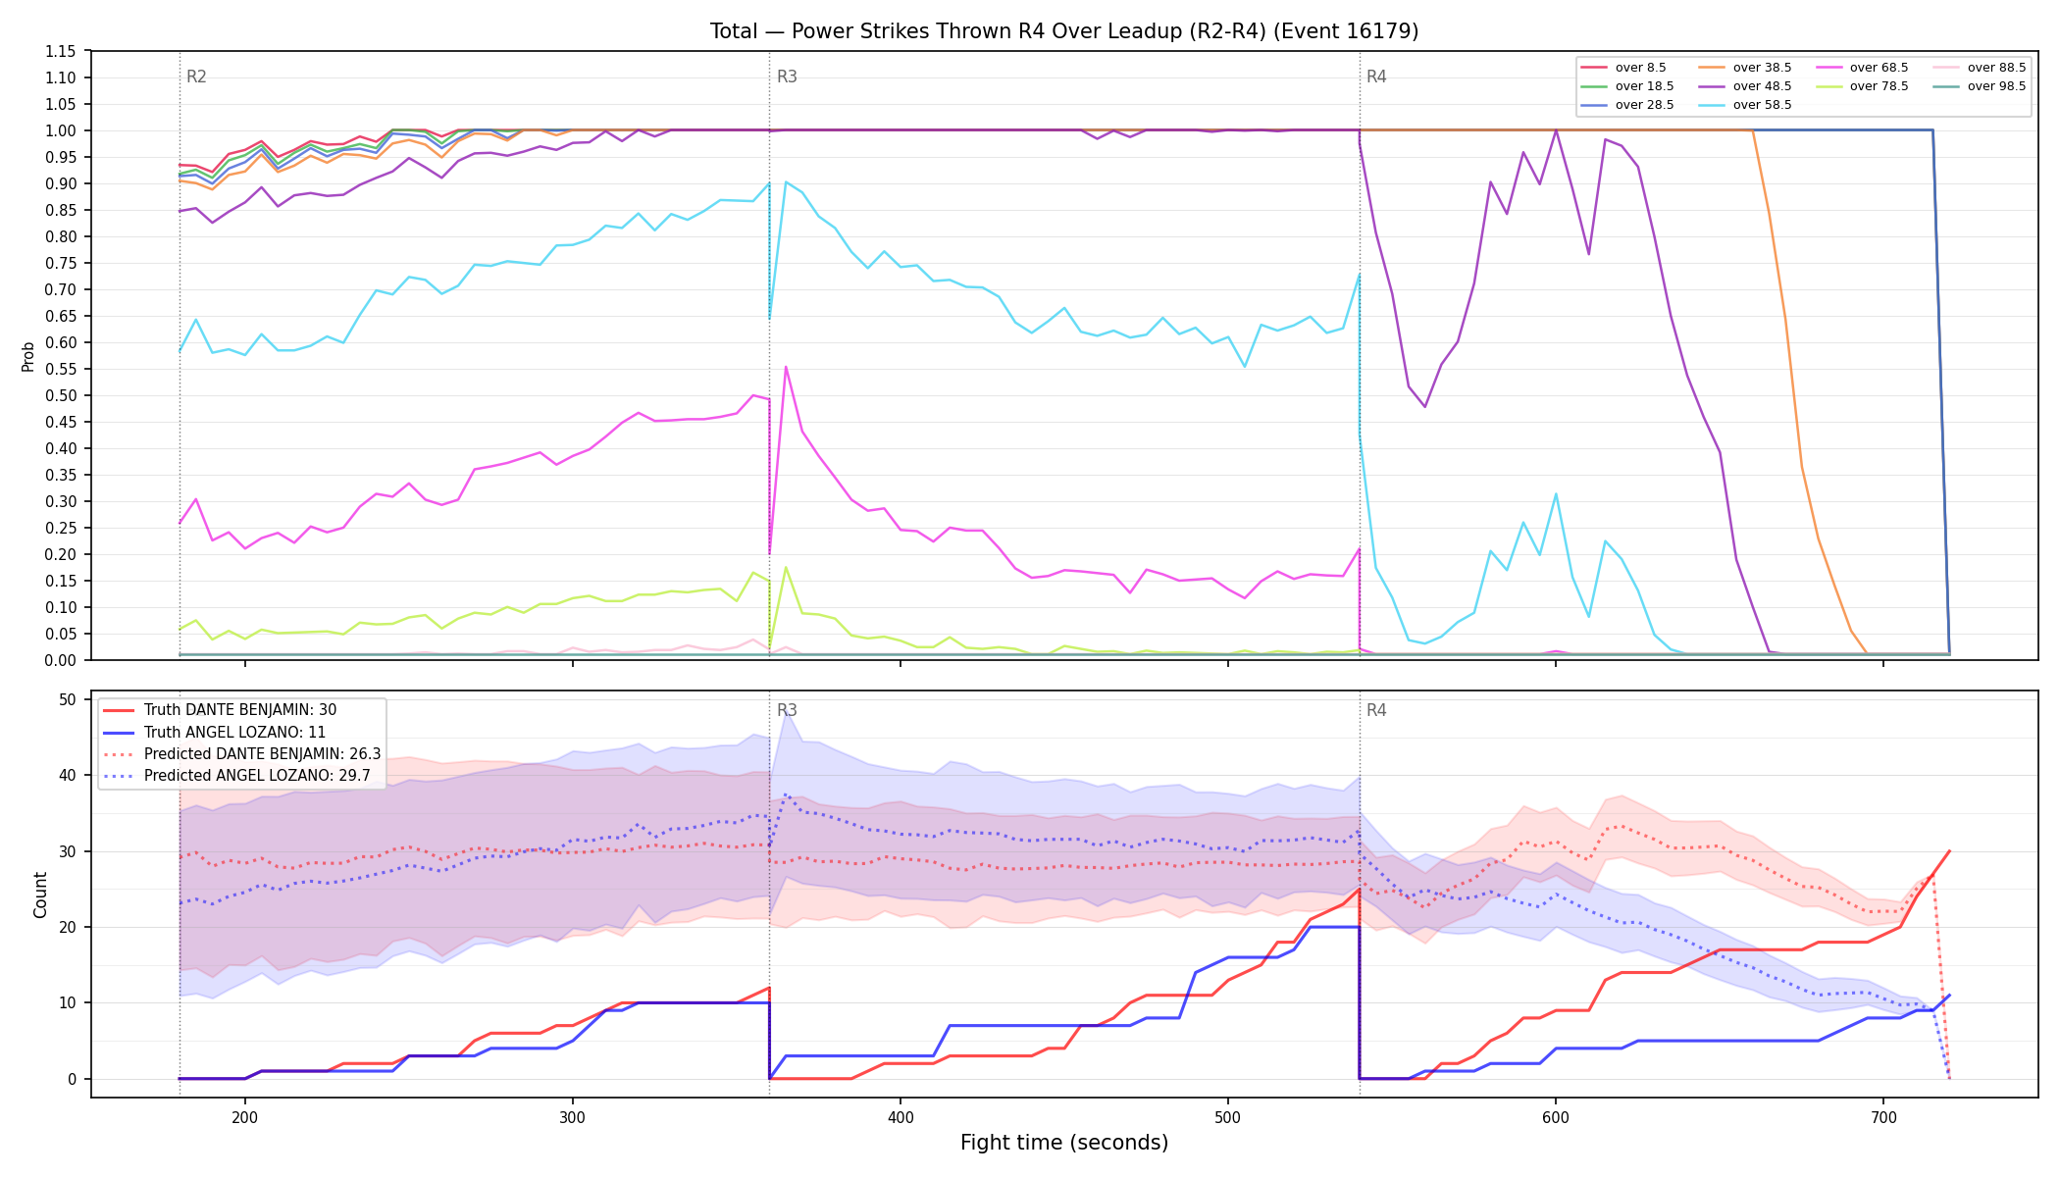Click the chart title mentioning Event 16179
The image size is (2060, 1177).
[x=1064, y=31]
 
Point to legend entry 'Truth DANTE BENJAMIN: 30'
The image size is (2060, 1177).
[x=239, y=710]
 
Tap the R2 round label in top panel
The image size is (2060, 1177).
[x=196, y=77]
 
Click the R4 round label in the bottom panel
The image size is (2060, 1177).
[x=1376, y=710]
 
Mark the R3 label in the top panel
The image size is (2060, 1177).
[x=787, y=77]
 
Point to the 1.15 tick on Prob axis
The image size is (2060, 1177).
[x=61, y=51]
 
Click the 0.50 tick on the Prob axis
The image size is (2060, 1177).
[x=61, y=395]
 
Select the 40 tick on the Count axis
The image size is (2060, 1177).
[x=68, y=775]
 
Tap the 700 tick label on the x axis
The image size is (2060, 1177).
[x=1883, y=1116]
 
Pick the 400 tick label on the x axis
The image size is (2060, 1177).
[x=901, y=1116]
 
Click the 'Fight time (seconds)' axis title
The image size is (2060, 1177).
[x=1064, y=1143]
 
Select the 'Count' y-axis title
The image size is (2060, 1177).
[x=40, y=895]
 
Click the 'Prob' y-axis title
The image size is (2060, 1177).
[x=27, y=356]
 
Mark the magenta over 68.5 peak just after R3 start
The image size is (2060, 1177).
[x=786, y=367]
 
